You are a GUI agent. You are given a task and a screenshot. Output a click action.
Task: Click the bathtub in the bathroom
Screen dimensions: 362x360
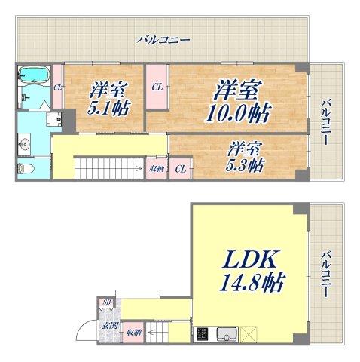(32, 76)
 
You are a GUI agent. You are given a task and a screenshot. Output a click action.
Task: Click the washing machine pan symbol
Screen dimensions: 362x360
(54, 118)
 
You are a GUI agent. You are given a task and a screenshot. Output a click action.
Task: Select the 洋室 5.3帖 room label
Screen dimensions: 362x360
(246, 155)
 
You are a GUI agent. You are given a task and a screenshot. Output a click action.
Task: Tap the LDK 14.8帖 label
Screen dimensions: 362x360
(251, 271)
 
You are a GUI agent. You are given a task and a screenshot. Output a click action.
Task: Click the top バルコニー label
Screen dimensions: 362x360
(163, 39)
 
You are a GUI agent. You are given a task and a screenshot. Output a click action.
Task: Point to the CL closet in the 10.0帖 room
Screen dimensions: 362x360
(157, 87)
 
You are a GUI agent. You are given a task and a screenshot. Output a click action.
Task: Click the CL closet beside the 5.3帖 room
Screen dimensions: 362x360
(180, 168)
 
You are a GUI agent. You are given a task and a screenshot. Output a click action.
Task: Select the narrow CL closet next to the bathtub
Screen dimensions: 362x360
(57, 87)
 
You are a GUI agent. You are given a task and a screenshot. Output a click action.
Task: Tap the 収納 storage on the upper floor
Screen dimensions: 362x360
(157, 168)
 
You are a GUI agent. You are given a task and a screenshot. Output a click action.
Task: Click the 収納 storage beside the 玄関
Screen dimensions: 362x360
(133, 332)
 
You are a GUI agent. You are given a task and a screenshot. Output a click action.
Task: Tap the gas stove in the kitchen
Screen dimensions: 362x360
(202, 333)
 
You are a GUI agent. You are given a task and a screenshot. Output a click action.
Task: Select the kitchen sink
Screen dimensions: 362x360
(227, 333)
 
